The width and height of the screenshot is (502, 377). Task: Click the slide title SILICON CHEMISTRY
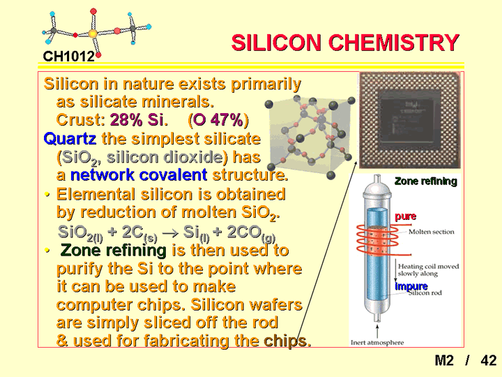345,43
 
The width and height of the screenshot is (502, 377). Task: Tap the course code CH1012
69,57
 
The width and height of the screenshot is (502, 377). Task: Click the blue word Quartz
70,139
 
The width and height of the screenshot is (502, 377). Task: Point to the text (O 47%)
218,120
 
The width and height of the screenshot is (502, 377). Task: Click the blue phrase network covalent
139,175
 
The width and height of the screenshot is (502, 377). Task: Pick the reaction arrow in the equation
170,232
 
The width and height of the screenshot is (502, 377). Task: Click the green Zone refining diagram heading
426,182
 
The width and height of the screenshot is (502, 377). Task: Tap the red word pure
405,216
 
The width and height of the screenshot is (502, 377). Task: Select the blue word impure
411,286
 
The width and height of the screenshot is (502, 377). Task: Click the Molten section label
432,232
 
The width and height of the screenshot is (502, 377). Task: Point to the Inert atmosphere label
377,343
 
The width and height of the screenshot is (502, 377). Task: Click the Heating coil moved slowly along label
428,270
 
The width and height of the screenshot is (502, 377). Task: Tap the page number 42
488,360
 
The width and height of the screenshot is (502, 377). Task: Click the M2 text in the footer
444,360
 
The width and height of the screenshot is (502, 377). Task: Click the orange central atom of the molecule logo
93,34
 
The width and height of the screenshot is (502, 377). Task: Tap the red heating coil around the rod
378,239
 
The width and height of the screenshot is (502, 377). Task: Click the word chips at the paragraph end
287,341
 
